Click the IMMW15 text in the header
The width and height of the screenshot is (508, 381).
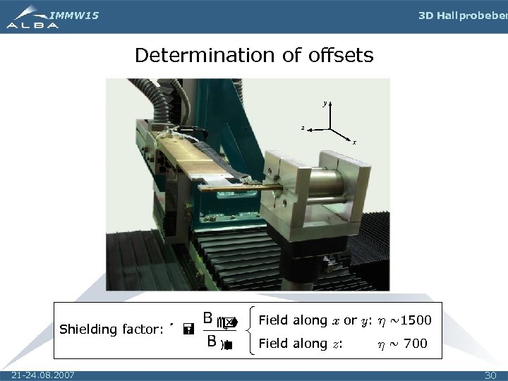pyautogui.click(x=75, y=15)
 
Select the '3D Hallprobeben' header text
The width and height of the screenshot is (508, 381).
pyautogui.click(x=462, y=16)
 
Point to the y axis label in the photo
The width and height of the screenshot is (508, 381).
pyautogui.click(x=325, y=103)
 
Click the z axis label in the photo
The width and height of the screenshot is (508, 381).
pyautogui.click(x=303, y=128)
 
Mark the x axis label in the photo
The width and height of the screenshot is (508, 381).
pyautogui.click(x=354, y=142)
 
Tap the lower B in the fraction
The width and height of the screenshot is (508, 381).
pyautogui.click(x=211, y=342)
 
